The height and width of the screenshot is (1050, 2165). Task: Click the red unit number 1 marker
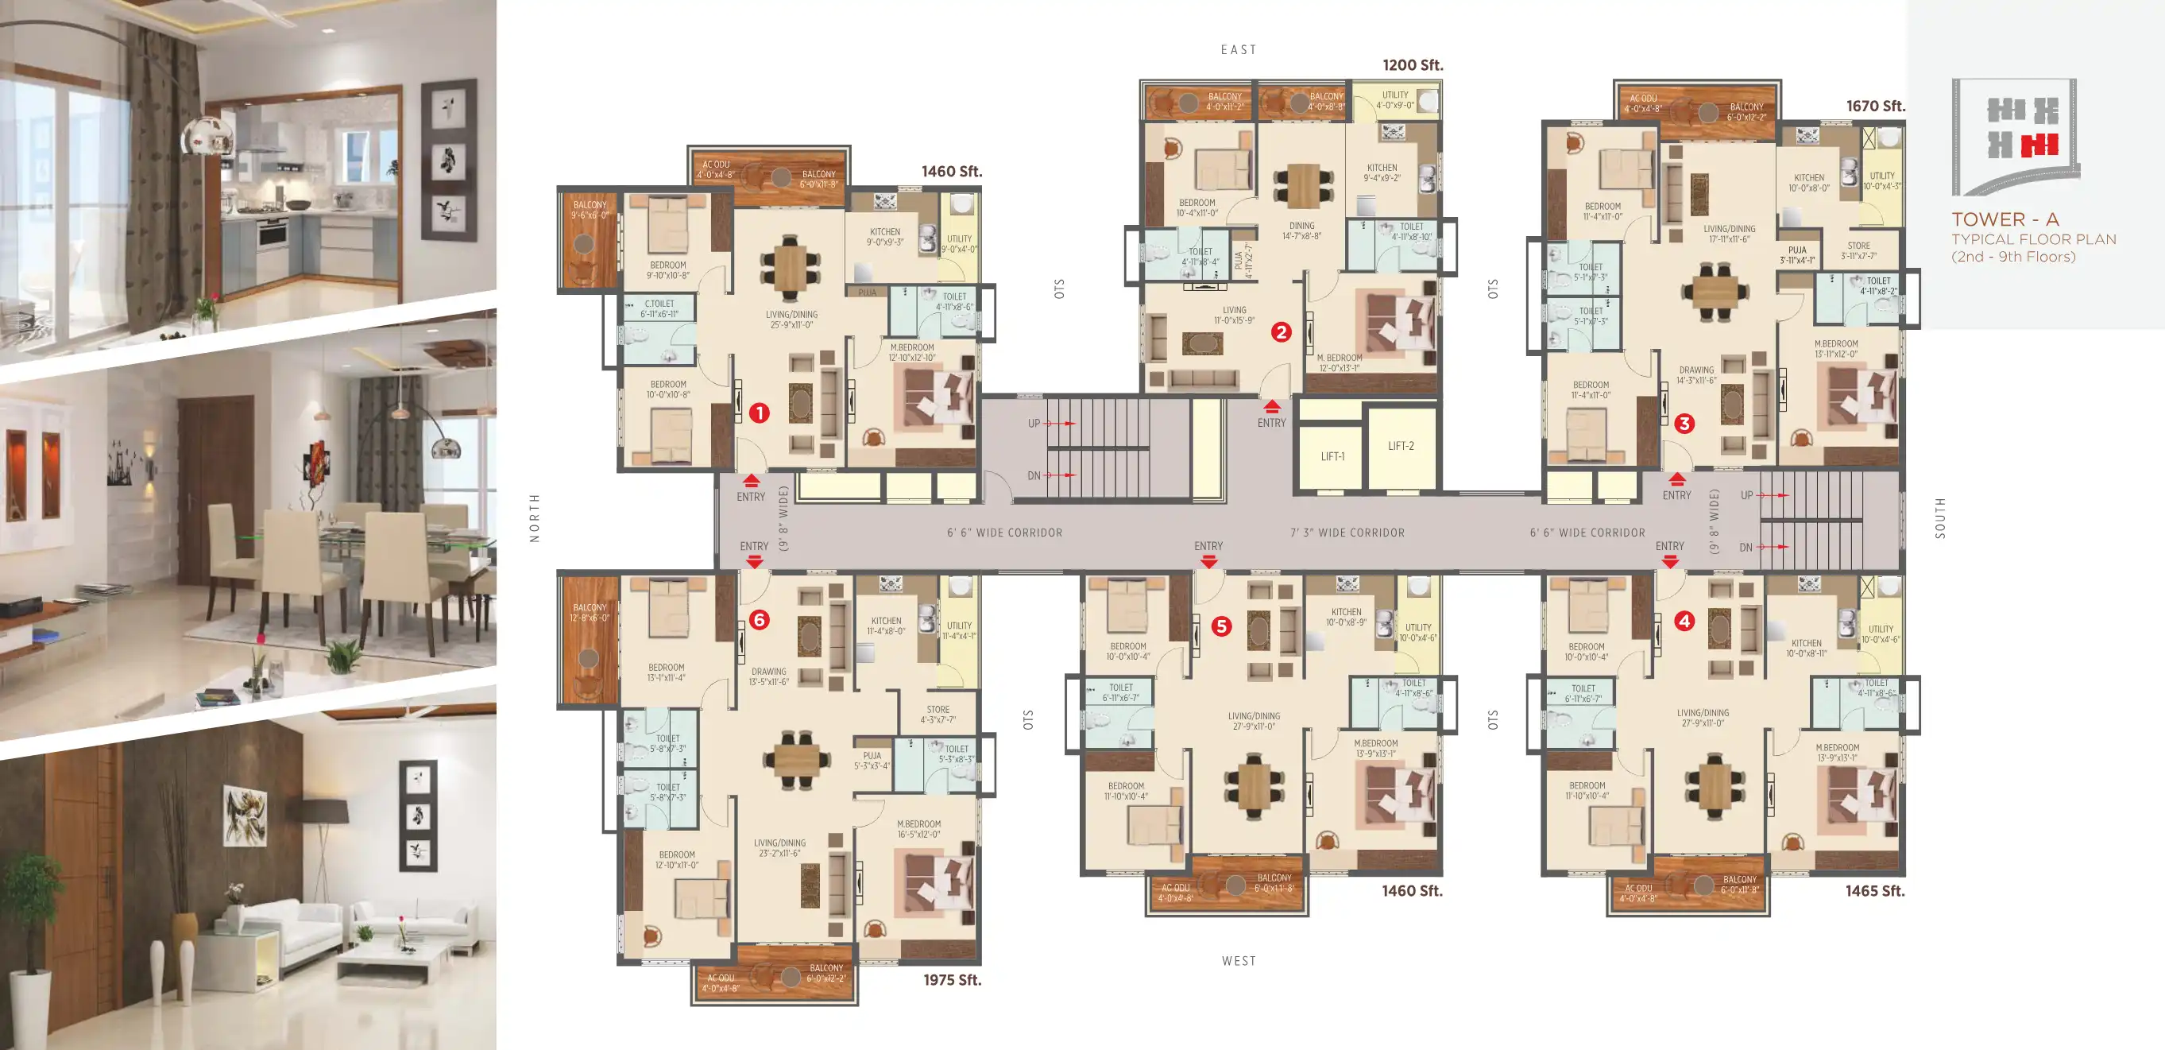[759, 413]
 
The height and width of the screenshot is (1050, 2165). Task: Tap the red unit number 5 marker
[1221, 626]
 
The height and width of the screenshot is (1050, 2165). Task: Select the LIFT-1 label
[1332, 456]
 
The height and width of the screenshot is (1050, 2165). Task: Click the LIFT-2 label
[1400, 446]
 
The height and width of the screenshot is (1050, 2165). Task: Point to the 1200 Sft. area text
[1412, 64]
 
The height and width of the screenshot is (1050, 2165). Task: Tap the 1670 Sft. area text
[1874, 106]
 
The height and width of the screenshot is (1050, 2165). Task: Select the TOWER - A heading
[2005, 219]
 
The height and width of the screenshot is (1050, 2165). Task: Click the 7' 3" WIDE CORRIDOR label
[1347, 532]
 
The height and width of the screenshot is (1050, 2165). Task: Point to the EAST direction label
[1238, 49]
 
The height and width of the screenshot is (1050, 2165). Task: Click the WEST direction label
[1238, 960]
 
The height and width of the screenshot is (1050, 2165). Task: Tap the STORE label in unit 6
[938, 710]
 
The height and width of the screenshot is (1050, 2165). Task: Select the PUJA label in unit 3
[1797, 250]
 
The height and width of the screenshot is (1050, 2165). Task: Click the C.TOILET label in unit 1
[659, 304]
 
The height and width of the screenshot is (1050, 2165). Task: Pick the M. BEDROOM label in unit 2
[1339, 358]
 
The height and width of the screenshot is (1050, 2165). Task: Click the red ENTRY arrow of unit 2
[1272, 406]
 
